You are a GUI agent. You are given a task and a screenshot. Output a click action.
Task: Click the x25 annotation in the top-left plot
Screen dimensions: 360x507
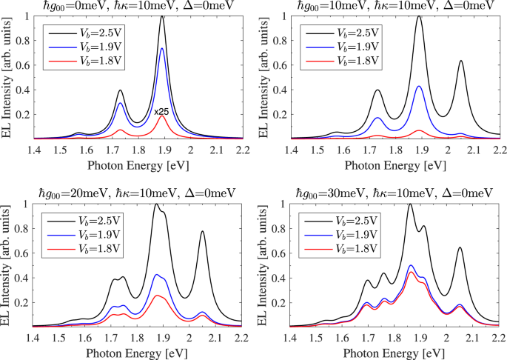coord(162,112)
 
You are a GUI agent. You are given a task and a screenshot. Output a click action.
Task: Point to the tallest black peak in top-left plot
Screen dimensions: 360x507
coord(162,16)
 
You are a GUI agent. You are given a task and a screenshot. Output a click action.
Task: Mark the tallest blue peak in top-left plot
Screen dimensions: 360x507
coord(162,48)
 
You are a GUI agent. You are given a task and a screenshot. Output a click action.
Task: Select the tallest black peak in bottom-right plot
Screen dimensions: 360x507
coord(410,204)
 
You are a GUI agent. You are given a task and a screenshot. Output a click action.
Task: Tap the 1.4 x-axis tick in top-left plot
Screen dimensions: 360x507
coord(33,149)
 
